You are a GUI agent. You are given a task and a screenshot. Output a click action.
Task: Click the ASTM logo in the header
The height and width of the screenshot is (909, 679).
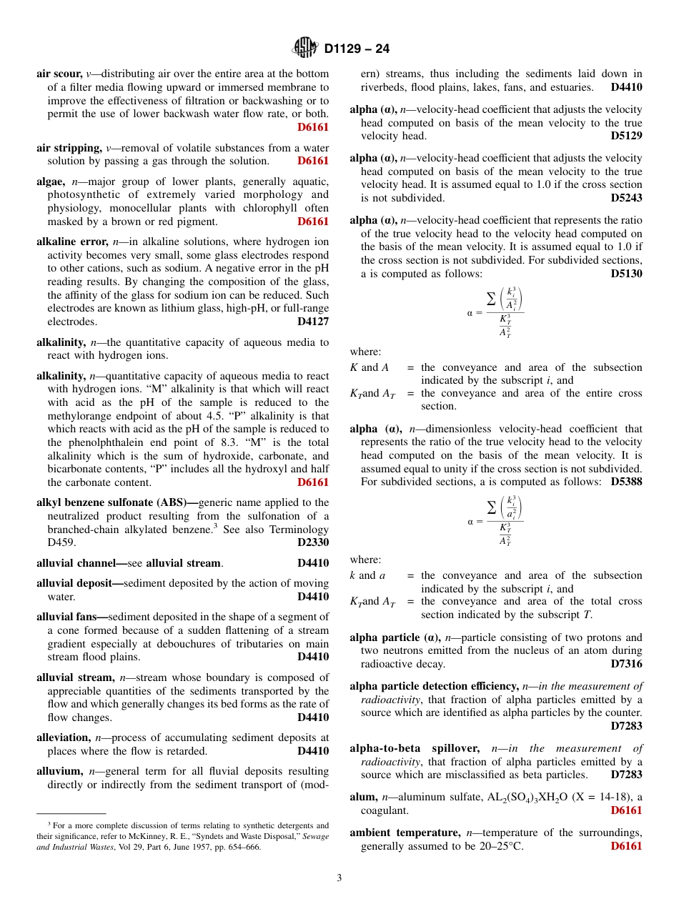pyautogui.click(x=304, y=48)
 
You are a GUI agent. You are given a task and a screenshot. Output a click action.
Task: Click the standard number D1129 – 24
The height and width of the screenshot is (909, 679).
pyautogui.click(x=357, y=49)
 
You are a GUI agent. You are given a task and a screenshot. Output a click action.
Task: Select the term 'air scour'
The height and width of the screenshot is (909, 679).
pyautogui.click(x=59, y=74)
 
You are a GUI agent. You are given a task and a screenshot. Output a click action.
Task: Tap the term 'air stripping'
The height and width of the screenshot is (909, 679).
pyautogui.click(x=68, y=148)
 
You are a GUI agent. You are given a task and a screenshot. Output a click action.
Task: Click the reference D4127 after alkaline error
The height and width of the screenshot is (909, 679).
pyautogui.click(x=313, y=322)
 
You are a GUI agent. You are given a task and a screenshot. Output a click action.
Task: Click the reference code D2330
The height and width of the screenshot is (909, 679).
pyautogui.click(x=313, y=542)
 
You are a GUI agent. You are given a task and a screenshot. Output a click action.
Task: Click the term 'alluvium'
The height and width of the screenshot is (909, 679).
pyautogui.click(x=60, y=771)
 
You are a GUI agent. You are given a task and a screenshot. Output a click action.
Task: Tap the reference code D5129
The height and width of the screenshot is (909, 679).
pyautogui.click(x=627, y=136)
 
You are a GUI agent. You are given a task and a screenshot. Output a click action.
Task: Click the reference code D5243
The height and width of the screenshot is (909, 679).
pyautogui.click(x=627, y=198)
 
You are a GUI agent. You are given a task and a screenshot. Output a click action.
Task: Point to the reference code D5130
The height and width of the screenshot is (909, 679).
pyautogui.click(x=627, y=273)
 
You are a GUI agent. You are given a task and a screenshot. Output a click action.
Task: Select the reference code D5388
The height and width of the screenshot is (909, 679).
pyautogui.click(x=627, y=482)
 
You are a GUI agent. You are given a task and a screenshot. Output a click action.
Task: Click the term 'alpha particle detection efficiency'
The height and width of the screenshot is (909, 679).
pyautogui.click(x=435, y=686)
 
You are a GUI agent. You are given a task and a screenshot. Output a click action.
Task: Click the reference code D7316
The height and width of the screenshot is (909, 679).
pyautogui.click(x=627, y=664)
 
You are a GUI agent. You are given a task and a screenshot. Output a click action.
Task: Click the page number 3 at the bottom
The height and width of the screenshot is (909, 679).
pyautogui.click(x=339, y=878)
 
